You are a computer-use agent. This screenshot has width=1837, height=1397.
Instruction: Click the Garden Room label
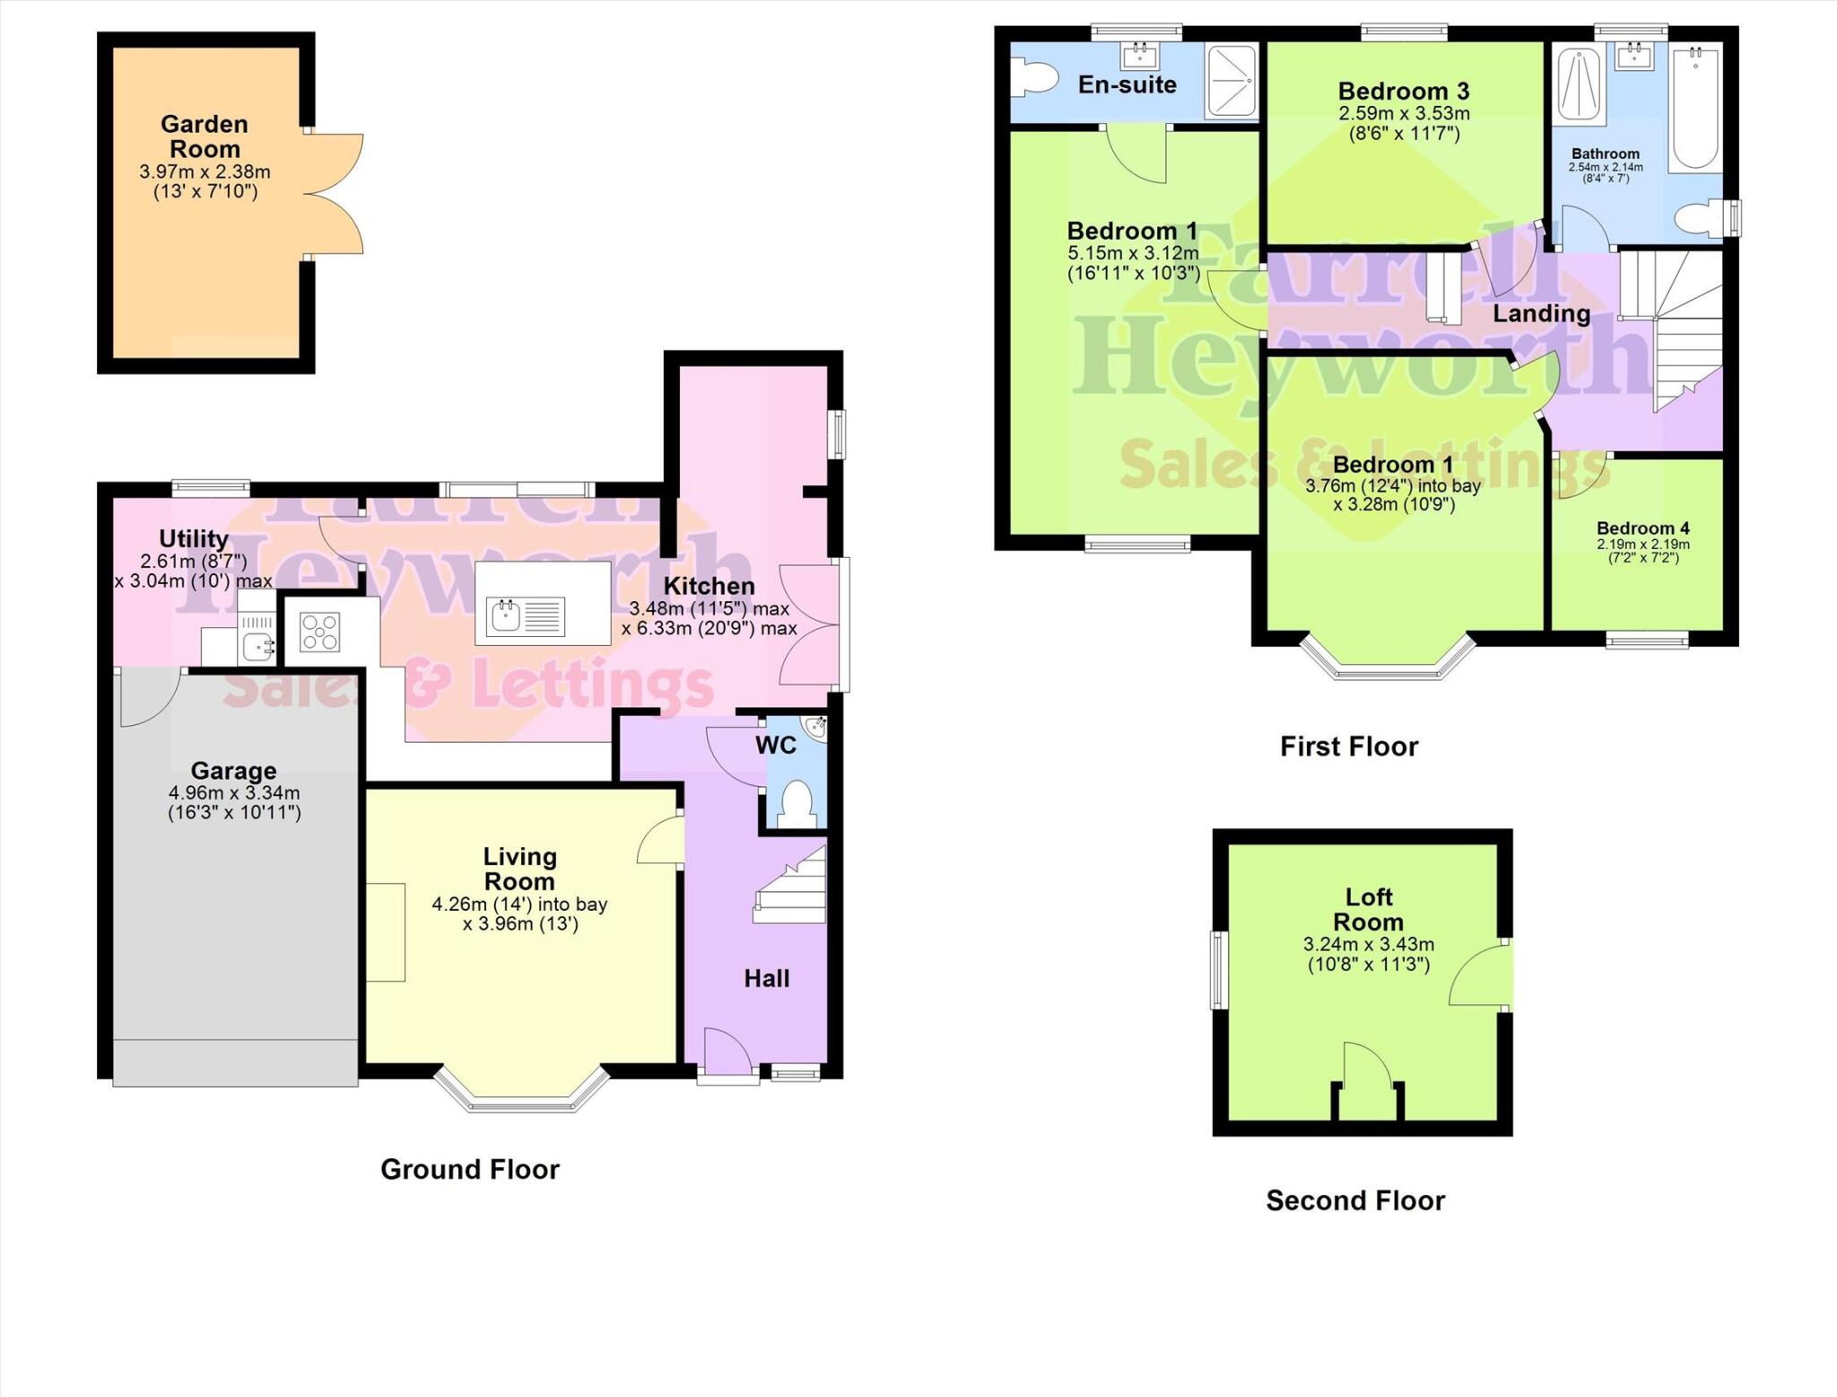pos(205,136)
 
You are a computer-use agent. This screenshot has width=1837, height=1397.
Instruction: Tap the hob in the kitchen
pos(320,631)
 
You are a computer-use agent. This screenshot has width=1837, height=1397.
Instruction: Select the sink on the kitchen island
pos(506,616)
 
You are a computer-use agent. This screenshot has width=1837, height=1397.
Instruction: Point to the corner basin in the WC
pos(814,728)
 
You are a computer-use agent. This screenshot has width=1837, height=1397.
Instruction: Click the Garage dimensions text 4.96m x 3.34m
pos(234,793)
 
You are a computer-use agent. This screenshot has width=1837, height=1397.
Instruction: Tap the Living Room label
pos(519,869)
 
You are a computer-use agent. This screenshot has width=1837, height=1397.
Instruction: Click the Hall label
pos(767,978)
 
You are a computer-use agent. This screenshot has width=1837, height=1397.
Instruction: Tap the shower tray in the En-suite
pos(1232,81)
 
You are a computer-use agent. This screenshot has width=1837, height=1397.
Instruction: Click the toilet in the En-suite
pos(1033,77)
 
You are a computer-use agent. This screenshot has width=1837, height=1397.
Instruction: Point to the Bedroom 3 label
pos(1403,91)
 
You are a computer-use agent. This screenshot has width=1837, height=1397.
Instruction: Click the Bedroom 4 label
pos(1642,528)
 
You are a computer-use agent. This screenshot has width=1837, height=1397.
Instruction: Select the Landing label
pos(1541,313)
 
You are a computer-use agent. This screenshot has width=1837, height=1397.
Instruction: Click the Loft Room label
pos(1368,909)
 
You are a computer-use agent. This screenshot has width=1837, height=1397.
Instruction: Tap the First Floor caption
pos(1348,747)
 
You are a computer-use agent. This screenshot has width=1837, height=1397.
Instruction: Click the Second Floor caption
pos(1354,1201)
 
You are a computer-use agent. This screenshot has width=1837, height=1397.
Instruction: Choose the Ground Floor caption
pos(469,1169)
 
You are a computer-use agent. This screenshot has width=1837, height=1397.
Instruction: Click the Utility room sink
pos(258,644)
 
